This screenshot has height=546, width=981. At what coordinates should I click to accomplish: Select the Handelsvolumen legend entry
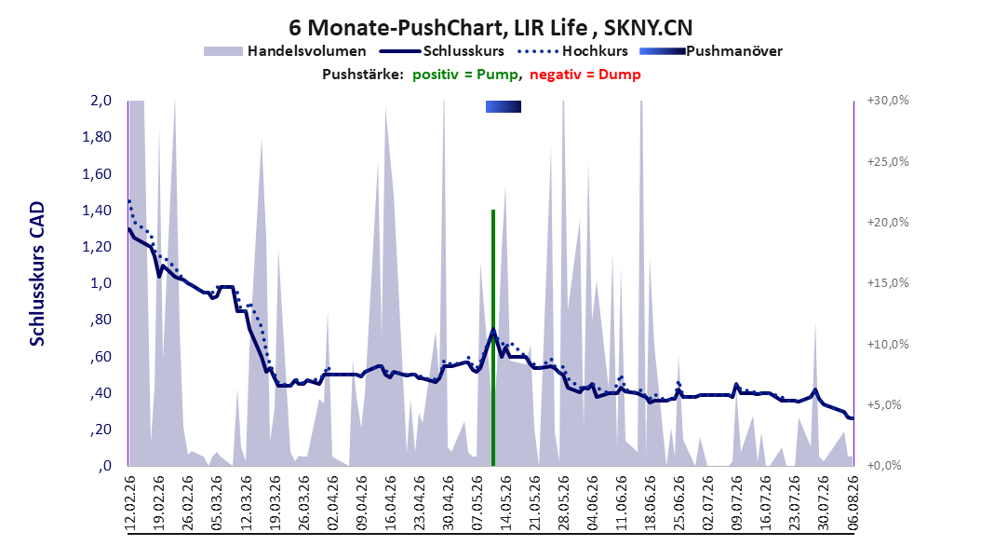coord(286,51)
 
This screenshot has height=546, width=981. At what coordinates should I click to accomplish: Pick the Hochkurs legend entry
coord(573,51)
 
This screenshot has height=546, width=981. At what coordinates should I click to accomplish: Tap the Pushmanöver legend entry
coord(711,51)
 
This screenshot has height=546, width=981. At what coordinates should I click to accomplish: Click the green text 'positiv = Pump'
coord(464,75)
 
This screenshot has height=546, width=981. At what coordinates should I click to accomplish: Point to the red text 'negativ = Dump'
coord(585,75)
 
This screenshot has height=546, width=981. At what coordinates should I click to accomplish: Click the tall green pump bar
coord(493,338)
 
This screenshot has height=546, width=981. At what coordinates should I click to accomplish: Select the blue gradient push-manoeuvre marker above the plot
coord(503,107)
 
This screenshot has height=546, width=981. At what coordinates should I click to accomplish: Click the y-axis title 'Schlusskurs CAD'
coord(37,274)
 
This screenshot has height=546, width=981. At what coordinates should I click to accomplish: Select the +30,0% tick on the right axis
coord(888,101)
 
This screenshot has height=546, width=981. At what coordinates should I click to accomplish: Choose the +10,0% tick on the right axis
coord(888,345)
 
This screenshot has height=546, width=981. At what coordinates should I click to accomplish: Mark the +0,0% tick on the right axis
coord(884,466)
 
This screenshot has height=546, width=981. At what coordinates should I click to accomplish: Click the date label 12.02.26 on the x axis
coord(130,504)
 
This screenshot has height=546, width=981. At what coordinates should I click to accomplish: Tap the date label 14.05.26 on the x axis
coord(506,504)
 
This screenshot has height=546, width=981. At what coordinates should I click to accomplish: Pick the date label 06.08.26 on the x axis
coord(853,504)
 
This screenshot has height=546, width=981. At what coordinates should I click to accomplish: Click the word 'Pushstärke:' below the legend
coord(363,75)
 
